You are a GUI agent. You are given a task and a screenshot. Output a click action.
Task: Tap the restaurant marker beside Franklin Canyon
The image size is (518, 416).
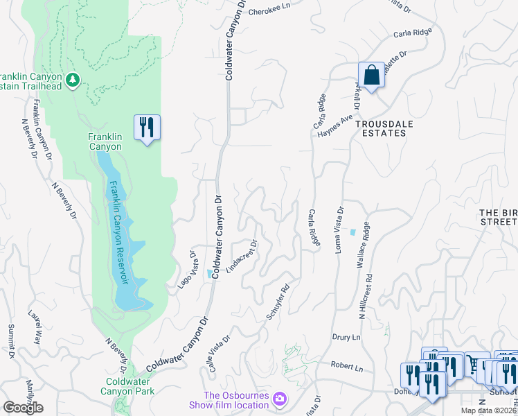147,127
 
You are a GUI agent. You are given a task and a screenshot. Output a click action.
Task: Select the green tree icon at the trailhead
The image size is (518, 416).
73,80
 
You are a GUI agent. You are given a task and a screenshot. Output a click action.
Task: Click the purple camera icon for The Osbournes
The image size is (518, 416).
279,399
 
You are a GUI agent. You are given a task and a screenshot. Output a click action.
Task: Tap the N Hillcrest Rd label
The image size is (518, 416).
366,295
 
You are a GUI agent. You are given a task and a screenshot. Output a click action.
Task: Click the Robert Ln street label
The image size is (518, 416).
346,365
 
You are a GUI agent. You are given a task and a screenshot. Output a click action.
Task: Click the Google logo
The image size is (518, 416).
23,407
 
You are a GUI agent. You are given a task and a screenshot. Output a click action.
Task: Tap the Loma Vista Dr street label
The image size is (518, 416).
339,229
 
